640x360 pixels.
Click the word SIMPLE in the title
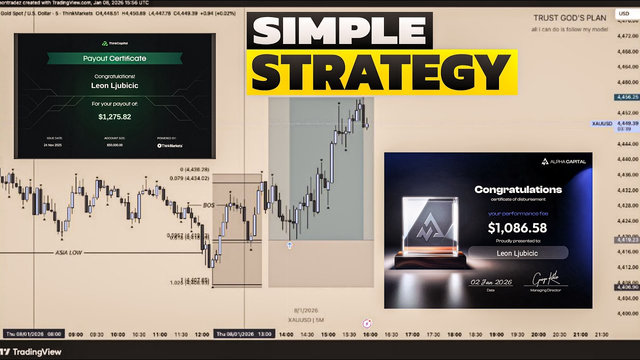pyautogui.click(x=339, y=30)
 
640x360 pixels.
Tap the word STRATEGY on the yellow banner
pyautogui.click(x=381, y=71)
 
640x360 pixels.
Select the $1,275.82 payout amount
pyautogui.click(x=114, y=117)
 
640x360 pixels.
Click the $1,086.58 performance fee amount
pyautogui.click(x=517, y=228)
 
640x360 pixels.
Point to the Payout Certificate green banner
pyautogui.click(x=114, y=58)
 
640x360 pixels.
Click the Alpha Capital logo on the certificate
pyautogui.click(x=563, y=161)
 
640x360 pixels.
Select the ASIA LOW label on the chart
pyautogui.click(x=68, y=252)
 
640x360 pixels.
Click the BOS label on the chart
pyautogui.click(x=208, y=205)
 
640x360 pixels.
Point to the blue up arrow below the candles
pyautogui.click(x=289, y=245)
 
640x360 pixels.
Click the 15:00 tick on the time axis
pyautogui.click(x=328, y=334)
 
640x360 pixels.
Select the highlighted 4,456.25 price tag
pyautogui.click(x=627, y=97)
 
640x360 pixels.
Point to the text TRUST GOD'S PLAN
pyautogui.click(x=569, y=18)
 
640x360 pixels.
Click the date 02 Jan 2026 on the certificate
pyautogui.click(x=490, y=282)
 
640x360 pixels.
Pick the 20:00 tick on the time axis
pyautogui.click(x=538, y=334)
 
